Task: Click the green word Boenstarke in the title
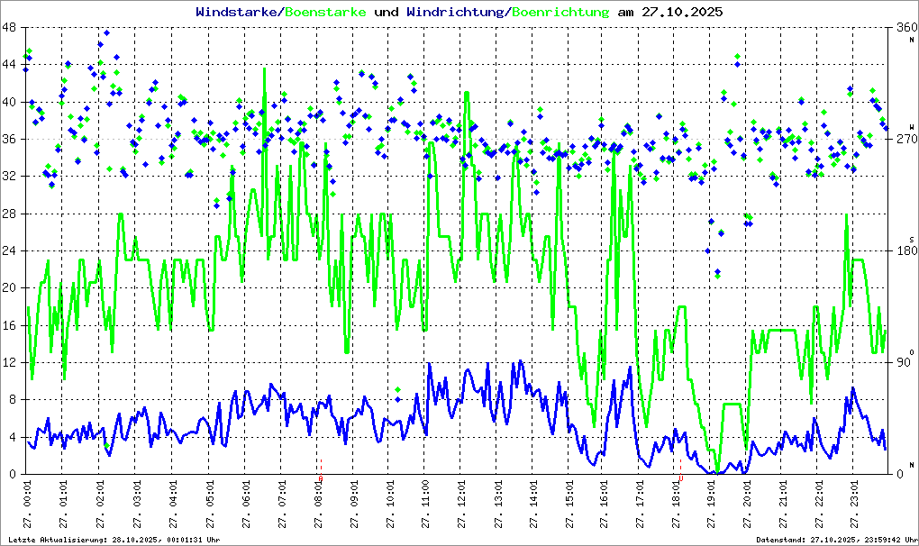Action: (325, 13)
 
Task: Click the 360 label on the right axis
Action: (904, 28)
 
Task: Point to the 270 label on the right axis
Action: (904, 140)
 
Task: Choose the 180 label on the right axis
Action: (904, 251)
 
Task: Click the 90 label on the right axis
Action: (904, 363)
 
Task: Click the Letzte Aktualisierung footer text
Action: (113, 539)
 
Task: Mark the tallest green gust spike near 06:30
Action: (264, 70)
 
